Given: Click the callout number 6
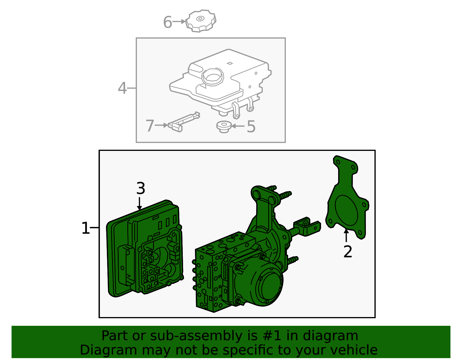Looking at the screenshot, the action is click(167, 22).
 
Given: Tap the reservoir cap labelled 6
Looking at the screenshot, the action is click(201, 21).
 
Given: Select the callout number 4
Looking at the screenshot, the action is click(122, 88).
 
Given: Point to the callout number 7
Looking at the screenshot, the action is click(150, 125).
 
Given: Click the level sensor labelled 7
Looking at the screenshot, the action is click(184, 122).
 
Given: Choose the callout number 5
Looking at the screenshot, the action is click(251, 127).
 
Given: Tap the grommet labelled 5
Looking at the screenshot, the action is click(224, 127).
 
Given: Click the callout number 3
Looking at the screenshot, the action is click(141, 188).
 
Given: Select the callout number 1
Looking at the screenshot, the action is click(85, 228).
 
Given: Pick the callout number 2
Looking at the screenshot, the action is click(348, 252).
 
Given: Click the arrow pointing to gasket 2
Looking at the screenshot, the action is click(346, 235).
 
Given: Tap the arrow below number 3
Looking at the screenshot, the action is click(139, 203).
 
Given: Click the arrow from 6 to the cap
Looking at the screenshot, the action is click(179, 21).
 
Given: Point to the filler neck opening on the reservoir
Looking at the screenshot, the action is click(213, 77).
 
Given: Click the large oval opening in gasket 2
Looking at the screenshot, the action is click(346, 210).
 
